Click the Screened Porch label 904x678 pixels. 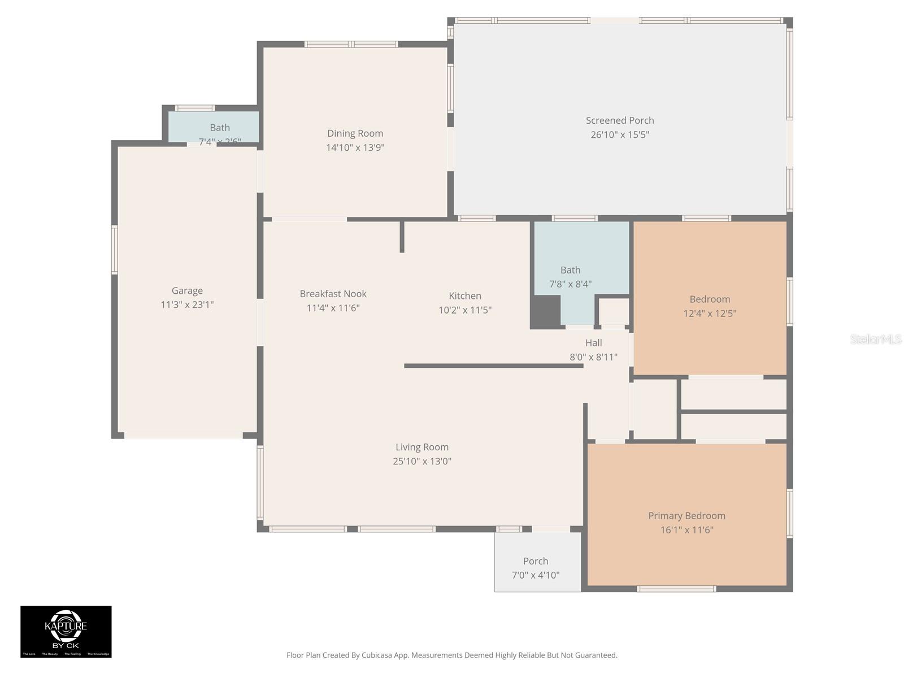(x=620, y=120)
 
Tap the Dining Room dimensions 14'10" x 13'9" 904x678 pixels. (x=355, y=147)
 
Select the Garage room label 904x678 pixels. (x=187, y=290)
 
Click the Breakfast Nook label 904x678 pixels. (x=333, y=294)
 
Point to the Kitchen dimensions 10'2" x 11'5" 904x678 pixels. (x=465, y=310)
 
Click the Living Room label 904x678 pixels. (x=422, y=447)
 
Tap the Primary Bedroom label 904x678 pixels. (x=686, y=515)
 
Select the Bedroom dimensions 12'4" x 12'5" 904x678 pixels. (x=710, y=313)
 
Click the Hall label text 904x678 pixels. (x=593, y=342)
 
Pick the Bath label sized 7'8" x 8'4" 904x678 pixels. (x=570, y=270)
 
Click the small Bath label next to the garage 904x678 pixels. (x=220, y=128)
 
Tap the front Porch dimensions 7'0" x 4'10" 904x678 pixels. (x=536, y=575)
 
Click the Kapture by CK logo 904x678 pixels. (x=66, y=631)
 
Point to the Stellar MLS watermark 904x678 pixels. (x=876, y=339)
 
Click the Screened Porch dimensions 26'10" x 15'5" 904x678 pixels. (x=620, y=134)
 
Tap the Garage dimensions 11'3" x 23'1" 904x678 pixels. (x=187, y=305)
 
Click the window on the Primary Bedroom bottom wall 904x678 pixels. (x=676, y=589)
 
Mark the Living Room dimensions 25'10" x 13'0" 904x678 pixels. (x=422, y=461)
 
